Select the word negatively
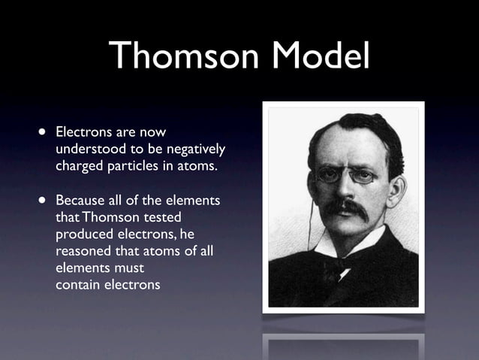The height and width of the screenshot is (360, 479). click(x=194, y=149)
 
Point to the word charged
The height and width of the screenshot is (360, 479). click(x=80, y=165)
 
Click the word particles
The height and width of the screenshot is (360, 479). click(x=134, y=165)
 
